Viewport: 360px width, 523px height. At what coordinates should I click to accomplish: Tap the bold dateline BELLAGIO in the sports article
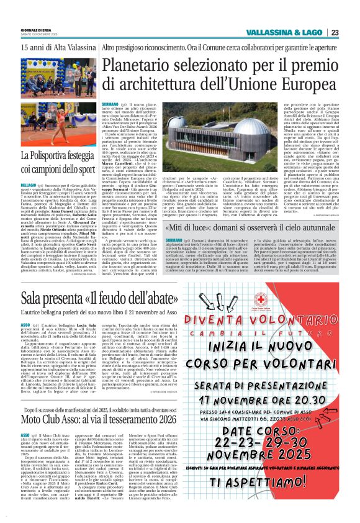[x=29, y=185]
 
